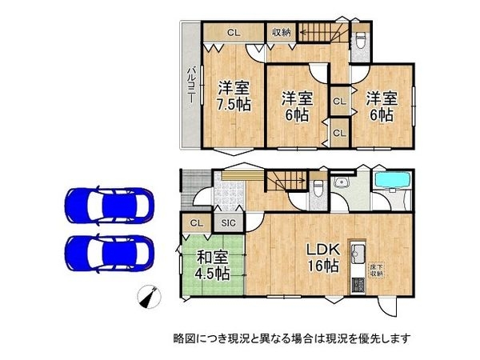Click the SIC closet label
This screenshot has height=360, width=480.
point(228,224)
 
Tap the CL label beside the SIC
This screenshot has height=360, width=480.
point(195,224)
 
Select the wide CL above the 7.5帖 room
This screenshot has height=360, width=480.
point(233,33)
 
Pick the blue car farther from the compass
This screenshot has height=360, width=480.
point(106,206)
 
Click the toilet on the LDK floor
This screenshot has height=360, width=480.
point(318,188)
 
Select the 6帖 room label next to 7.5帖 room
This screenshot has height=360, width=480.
point(295,106)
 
